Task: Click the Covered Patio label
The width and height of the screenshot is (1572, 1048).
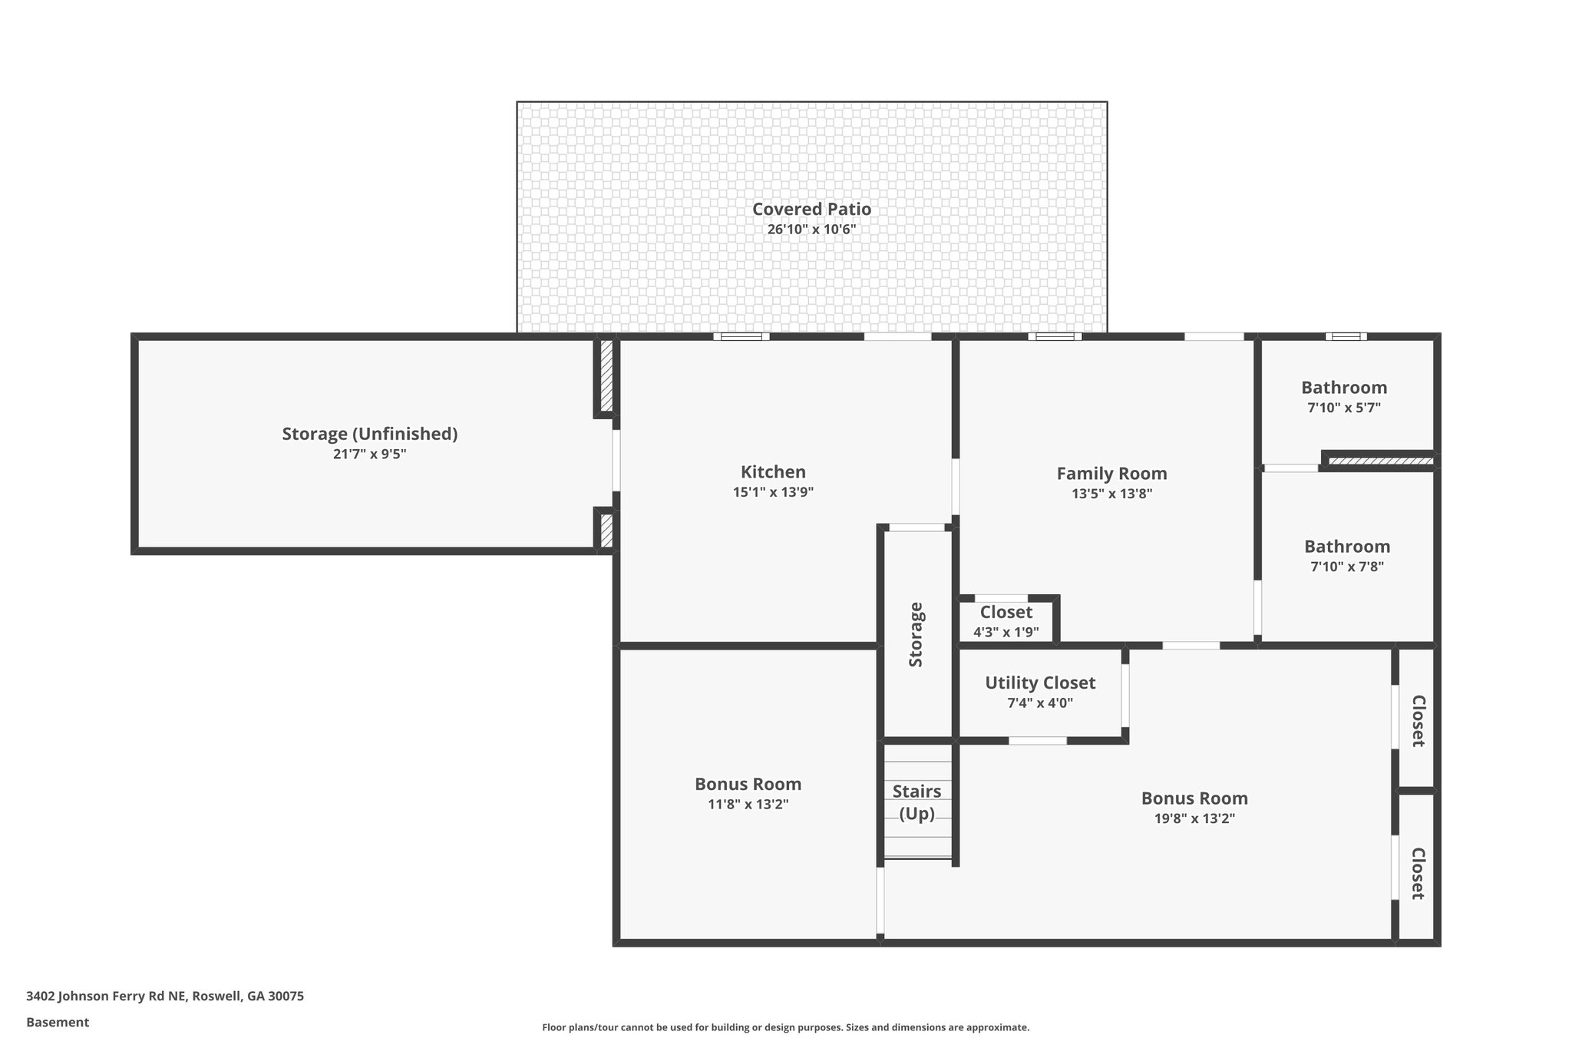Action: click(811, 209)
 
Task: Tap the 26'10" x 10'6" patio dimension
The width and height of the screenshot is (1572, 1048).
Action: click(811, 230)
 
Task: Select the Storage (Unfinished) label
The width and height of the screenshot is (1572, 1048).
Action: click(369, 434)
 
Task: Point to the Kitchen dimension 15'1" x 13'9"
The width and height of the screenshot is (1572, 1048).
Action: click(773, 492)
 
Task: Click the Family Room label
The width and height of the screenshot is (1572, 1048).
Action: click(1111, 474)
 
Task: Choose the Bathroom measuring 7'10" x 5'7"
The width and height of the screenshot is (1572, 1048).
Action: click(1343, 388)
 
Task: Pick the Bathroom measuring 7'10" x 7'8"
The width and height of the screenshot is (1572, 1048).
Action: click(1346, 547)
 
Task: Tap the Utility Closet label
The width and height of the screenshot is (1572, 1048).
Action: click(1039, 683)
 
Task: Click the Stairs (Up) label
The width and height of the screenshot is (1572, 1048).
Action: click(916, 802)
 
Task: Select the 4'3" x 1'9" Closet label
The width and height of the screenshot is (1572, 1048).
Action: click(1006, 613)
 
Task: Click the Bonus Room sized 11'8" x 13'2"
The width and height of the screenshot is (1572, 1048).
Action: click(748, 784)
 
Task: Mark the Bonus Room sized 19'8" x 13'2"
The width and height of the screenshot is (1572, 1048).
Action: click(1194, 798)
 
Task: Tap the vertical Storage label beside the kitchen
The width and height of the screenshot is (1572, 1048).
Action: click(916, 634)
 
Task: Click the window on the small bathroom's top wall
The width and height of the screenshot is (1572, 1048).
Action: click(1346, 336)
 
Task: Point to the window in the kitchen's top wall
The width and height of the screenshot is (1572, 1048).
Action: click(741, 336)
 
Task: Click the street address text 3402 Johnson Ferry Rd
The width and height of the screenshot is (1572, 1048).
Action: click(165, 997)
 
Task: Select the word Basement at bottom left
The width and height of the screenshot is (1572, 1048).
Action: click(58, 1022)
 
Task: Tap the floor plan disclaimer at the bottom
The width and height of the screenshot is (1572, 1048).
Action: click(785, 1027)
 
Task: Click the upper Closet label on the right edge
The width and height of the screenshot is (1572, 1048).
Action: click(1418, 720)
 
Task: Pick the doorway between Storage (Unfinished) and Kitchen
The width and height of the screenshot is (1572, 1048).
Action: click(616, 461)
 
